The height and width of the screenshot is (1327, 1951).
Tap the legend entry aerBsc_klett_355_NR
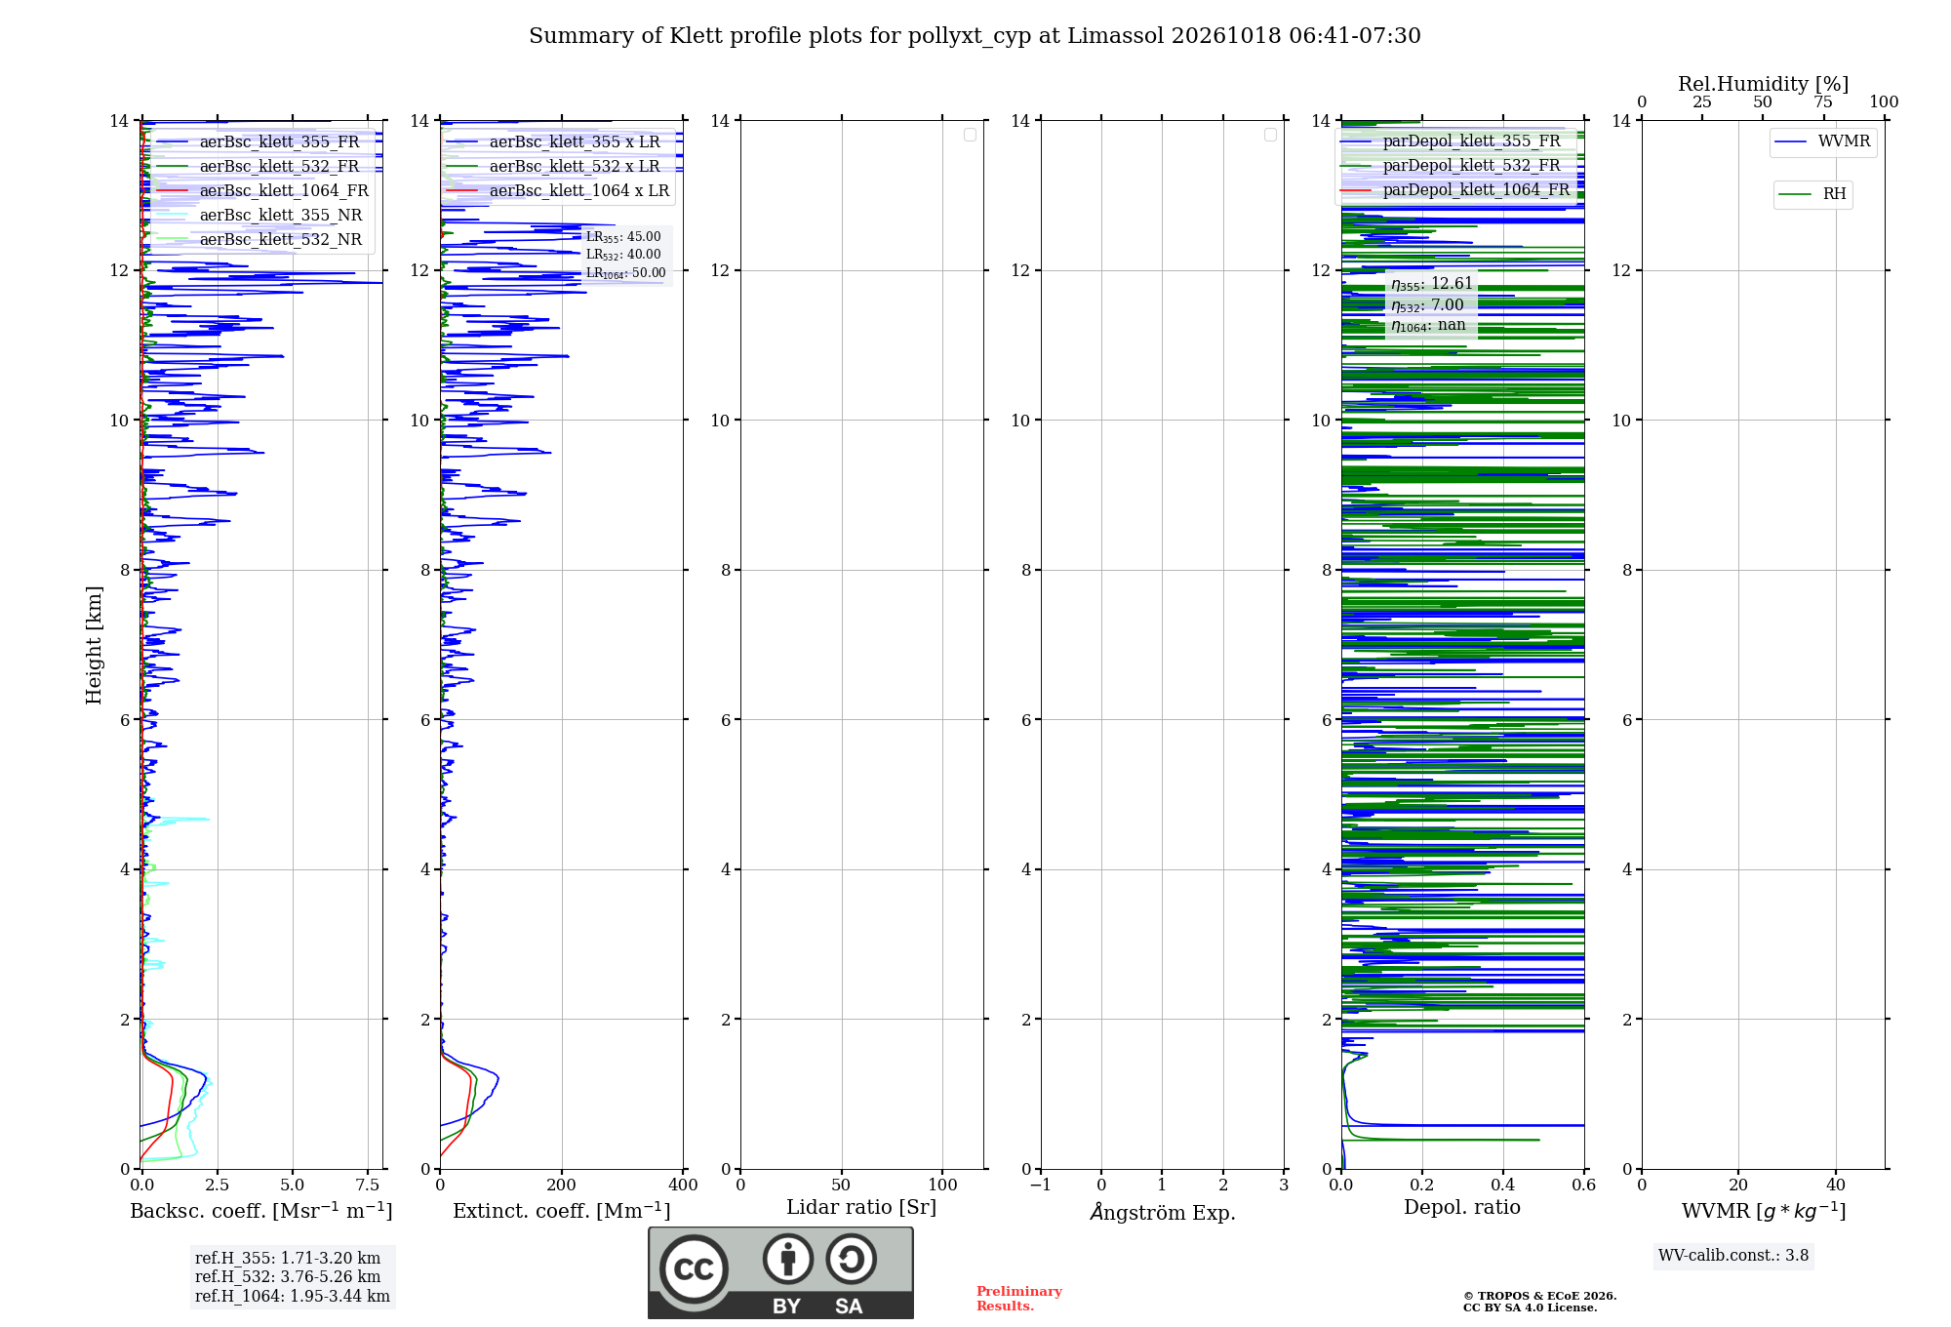pyautogui.click(x=259, y=216)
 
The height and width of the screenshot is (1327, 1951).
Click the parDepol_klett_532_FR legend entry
pyautogui.click(x=1451, y=166)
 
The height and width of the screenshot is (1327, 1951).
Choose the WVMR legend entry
pyautogui.click(x=1822, y=141)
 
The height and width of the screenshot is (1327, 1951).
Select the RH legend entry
pyautogui.click(x=1812, y=194)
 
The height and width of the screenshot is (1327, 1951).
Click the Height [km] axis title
pyautogui.click(x=94, y=645)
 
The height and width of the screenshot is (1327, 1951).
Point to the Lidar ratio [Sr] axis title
pyautogui.click(x=861, y=1208)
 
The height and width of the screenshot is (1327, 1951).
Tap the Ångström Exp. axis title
pyautogui.click(x=1163, y=1212)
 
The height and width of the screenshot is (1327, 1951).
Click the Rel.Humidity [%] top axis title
pyautogui.click(x=1764, y=84)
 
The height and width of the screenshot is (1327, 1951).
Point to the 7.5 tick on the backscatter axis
pyautogui.click(x=368, y=1185)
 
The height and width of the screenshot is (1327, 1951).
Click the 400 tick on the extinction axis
pyautogui.click(x=683, y=1185)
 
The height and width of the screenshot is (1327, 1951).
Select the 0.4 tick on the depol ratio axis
pyautogui.click(x=1503, y=1185)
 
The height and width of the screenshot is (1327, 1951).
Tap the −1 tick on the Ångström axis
pyautogui.click(x=1041, y=1185)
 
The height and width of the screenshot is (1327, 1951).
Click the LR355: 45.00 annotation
pyautogui.click(x=623, y=237)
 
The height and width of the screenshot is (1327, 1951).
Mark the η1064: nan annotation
pyautogui.click(x=1428, y=326)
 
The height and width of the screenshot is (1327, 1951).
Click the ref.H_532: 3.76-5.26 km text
pyautogui.click(x=288, y=1277)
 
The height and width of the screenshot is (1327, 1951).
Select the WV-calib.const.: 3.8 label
pyautogui.click(x=1733, y=1256)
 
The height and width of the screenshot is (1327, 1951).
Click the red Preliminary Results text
pyautogui.click(x=1019, y=1299)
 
